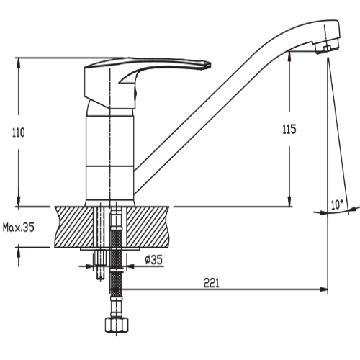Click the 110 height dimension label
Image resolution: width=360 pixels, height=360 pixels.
19,132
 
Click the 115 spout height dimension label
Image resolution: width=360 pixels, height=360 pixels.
289,130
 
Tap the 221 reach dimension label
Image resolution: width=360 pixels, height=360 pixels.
212,283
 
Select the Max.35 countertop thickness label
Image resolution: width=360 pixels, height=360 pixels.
19,227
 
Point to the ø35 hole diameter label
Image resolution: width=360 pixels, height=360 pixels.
154,260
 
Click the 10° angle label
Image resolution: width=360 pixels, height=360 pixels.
338,204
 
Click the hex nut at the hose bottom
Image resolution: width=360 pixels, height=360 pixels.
117,325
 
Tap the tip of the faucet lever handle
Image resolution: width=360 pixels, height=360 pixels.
210,65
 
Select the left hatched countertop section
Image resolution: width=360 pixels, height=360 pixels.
74,227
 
